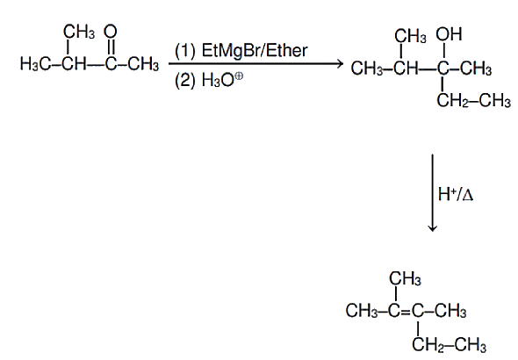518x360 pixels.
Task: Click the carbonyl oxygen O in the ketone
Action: click(x=111, y=32)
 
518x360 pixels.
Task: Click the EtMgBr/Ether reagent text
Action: click(x=255, y=51)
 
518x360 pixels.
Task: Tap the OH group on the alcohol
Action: click(x=449, y=34)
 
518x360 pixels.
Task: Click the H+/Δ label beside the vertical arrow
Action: click(x=456, y=194)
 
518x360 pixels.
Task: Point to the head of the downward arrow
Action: click(x=433, y=228)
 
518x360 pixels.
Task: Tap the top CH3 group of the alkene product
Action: click(x=405, y=278)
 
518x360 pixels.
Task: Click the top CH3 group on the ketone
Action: click(x=79, y=32)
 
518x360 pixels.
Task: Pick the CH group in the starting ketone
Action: click(x=74, y=63)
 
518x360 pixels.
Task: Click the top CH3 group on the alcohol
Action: click(x=410, y=36)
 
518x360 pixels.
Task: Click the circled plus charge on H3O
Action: click(x=239, y=76)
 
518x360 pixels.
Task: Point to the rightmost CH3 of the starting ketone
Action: click(x=143, y=63)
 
